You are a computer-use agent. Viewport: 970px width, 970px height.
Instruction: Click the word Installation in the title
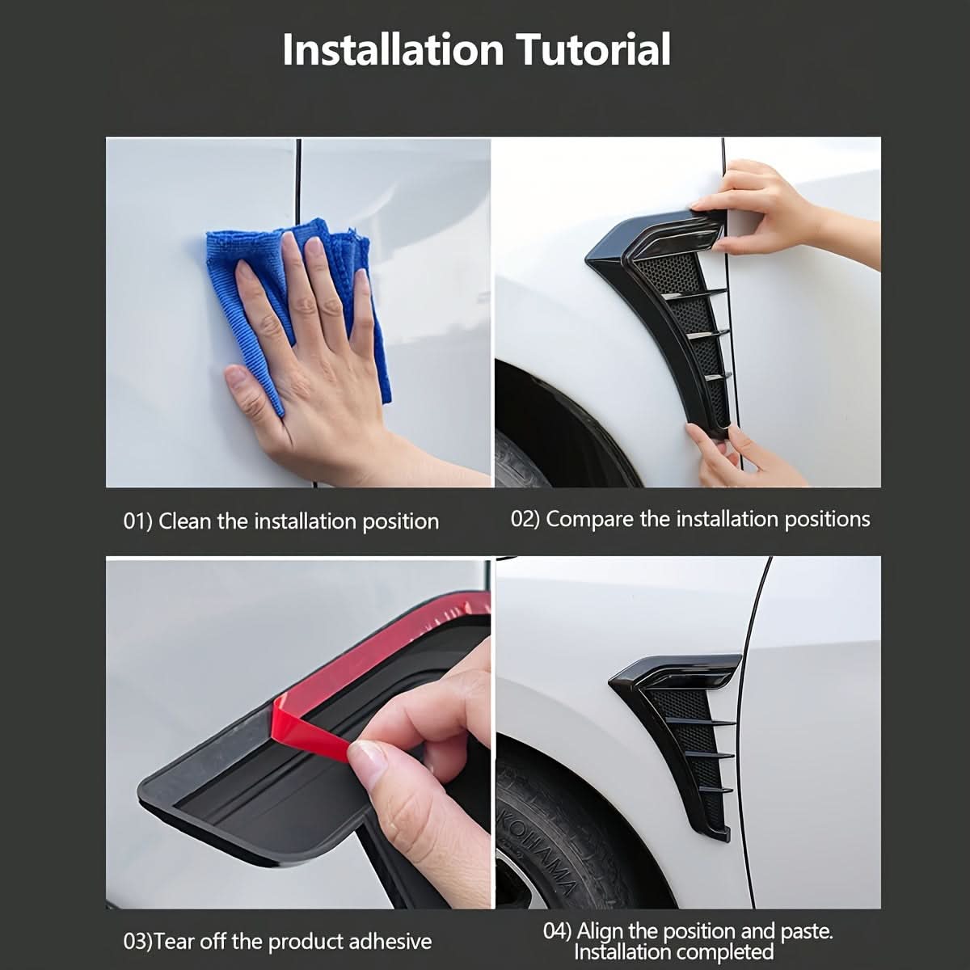393,49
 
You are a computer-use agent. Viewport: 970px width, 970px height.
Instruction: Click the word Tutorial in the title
593,49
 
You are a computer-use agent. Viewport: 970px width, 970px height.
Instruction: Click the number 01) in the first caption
137,521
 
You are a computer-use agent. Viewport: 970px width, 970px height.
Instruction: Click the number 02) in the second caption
525,519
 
